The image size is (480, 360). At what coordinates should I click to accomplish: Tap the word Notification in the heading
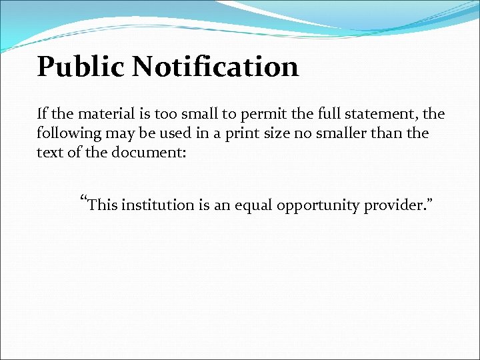pos(215,67)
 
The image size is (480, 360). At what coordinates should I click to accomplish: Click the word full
pos(310,114)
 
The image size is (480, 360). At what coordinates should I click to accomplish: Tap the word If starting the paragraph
pos(43,114)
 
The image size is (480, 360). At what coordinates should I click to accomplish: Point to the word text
pos(49,152)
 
